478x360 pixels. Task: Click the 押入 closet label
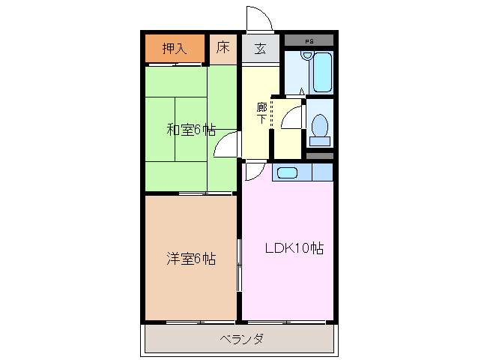tap(174, 49)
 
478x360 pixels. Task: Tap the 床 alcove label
tap(223, 49)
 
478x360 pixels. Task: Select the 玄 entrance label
tap(260, 49)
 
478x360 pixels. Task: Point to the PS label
tap(309, 38)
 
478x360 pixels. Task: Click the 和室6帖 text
tap(187, 130)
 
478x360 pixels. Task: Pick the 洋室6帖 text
tap(191, 259)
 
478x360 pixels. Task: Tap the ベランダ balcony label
tap(241, 339)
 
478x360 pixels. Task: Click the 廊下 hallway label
tap(261, 112)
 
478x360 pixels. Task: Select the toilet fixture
tap(320, 127)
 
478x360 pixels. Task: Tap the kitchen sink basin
tap(286, 173)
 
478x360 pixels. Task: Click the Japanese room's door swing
tap(226, 145)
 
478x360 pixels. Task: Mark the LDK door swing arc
tap(253, 172)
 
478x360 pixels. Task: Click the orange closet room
tap(174, 49)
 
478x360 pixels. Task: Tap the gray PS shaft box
tap(309, 38)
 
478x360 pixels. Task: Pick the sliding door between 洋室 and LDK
tap(239, 265)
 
